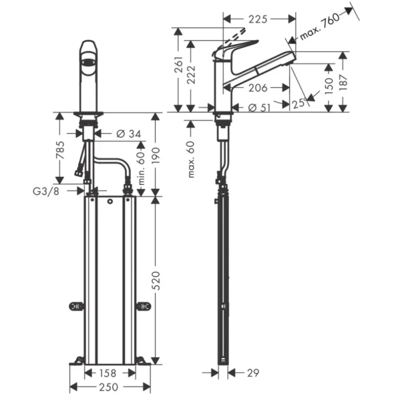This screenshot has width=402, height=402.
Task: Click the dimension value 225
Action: click(x=258, y=19)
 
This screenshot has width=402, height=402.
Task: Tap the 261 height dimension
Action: click(x=179, y=68)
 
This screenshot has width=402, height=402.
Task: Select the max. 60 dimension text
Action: click(x=191, y=159)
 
